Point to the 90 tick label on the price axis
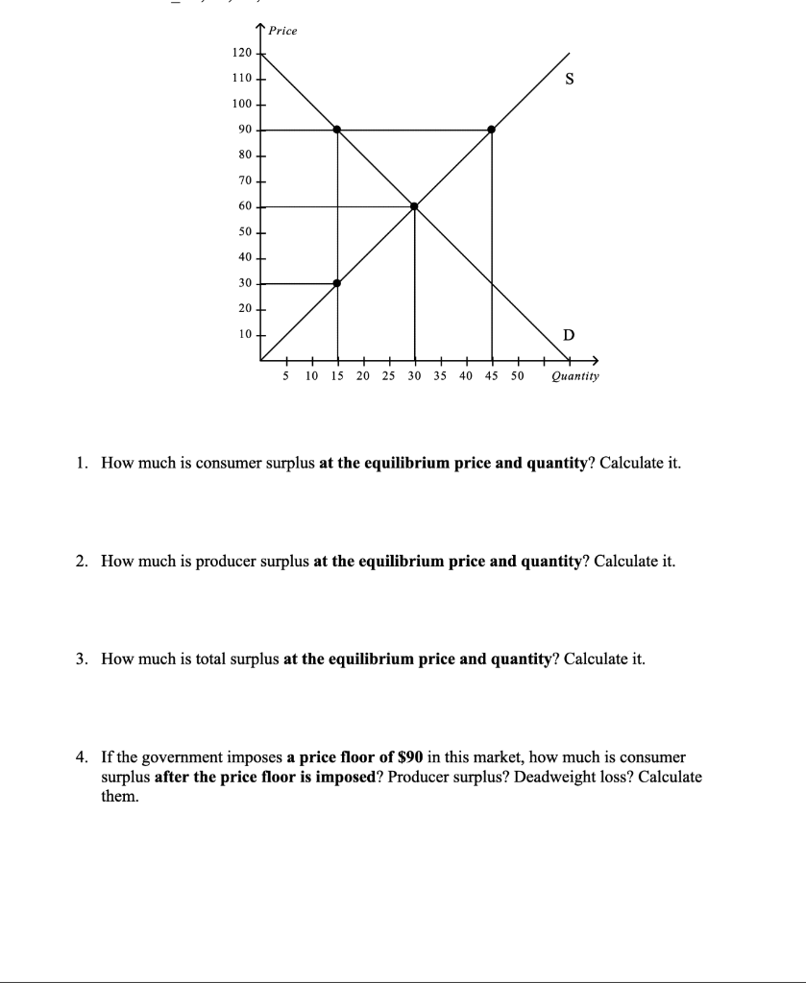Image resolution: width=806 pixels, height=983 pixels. point(243,129)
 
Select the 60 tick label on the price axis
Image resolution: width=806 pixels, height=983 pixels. point(243,205)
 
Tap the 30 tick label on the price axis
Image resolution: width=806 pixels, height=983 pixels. point(243,283)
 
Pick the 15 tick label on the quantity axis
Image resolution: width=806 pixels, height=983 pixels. point(337,376)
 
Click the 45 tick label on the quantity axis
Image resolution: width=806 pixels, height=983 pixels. point(492,376)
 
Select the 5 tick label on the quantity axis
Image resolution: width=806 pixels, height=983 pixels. point(285,376)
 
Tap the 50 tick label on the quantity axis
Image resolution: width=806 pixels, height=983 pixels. point(517,376)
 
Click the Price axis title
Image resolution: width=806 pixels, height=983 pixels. point(282,31)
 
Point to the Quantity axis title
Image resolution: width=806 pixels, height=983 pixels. point(574,376)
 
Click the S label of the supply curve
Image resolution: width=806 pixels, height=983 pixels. point(570,81)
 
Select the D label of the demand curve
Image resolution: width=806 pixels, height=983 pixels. point(569,335)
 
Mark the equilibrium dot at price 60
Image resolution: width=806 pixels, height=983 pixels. point(414,205)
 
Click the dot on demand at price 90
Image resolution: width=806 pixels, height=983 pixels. point(337,129)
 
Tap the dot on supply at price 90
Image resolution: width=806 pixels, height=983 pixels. point(492,129)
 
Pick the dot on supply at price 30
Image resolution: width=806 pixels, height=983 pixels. point(337,283)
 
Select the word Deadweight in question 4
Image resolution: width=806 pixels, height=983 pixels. point(550,777)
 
